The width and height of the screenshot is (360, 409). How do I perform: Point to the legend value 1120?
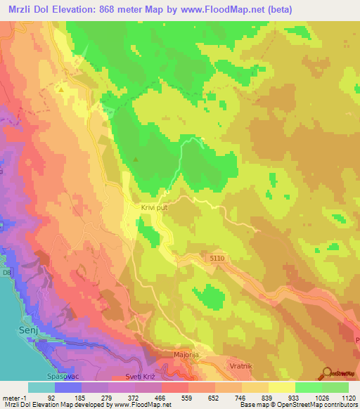(x=347, y=395)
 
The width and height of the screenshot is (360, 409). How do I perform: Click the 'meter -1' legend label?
(x=14, y=395)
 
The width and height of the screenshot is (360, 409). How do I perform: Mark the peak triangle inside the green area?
(x=136, y=159)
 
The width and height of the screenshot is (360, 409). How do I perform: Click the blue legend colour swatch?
(x=68, y=387)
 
